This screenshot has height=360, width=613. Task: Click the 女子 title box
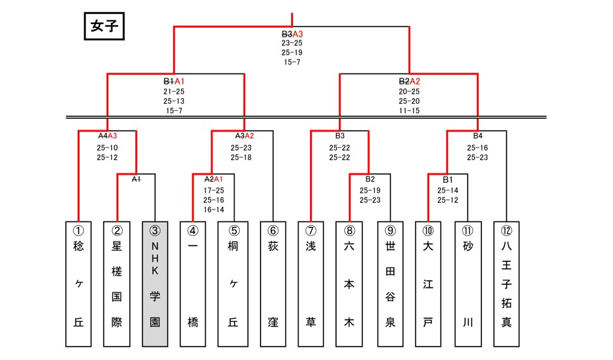pos(104,26)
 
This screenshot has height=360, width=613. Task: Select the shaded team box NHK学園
pos(155,284)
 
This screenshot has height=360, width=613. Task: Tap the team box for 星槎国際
pos(117,284)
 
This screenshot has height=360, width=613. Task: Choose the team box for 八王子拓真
pos(506,284)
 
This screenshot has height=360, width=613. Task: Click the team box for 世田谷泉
pos(390,284)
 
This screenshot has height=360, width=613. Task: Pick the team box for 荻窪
pos(273,284)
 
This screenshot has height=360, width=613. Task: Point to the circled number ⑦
pos(311,231)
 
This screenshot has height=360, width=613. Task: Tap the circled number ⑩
pos(428,231)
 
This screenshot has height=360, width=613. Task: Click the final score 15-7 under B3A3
pos(292,62)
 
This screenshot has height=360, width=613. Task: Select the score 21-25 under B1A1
pos(174,92)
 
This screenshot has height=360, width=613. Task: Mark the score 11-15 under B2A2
pos(409,111)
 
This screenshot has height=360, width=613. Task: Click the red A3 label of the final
pos(297,34)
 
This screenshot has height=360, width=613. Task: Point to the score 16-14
pos(214,209)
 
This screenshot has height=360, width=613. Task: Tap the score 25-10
pos(107,148)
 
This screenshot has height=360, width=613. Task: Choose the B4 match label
pos(478,135)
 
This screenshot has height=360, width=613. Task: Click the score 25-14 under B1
pos(448,190)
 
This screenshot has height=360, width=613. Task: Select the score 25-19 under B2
pos(370,190)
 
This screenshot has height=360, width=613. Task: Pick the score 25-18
pos(241,158)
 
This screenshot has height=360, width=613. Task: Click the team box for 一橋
pos(193,284)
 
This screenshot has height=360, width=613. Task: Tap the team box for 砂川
pos(468,284)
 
